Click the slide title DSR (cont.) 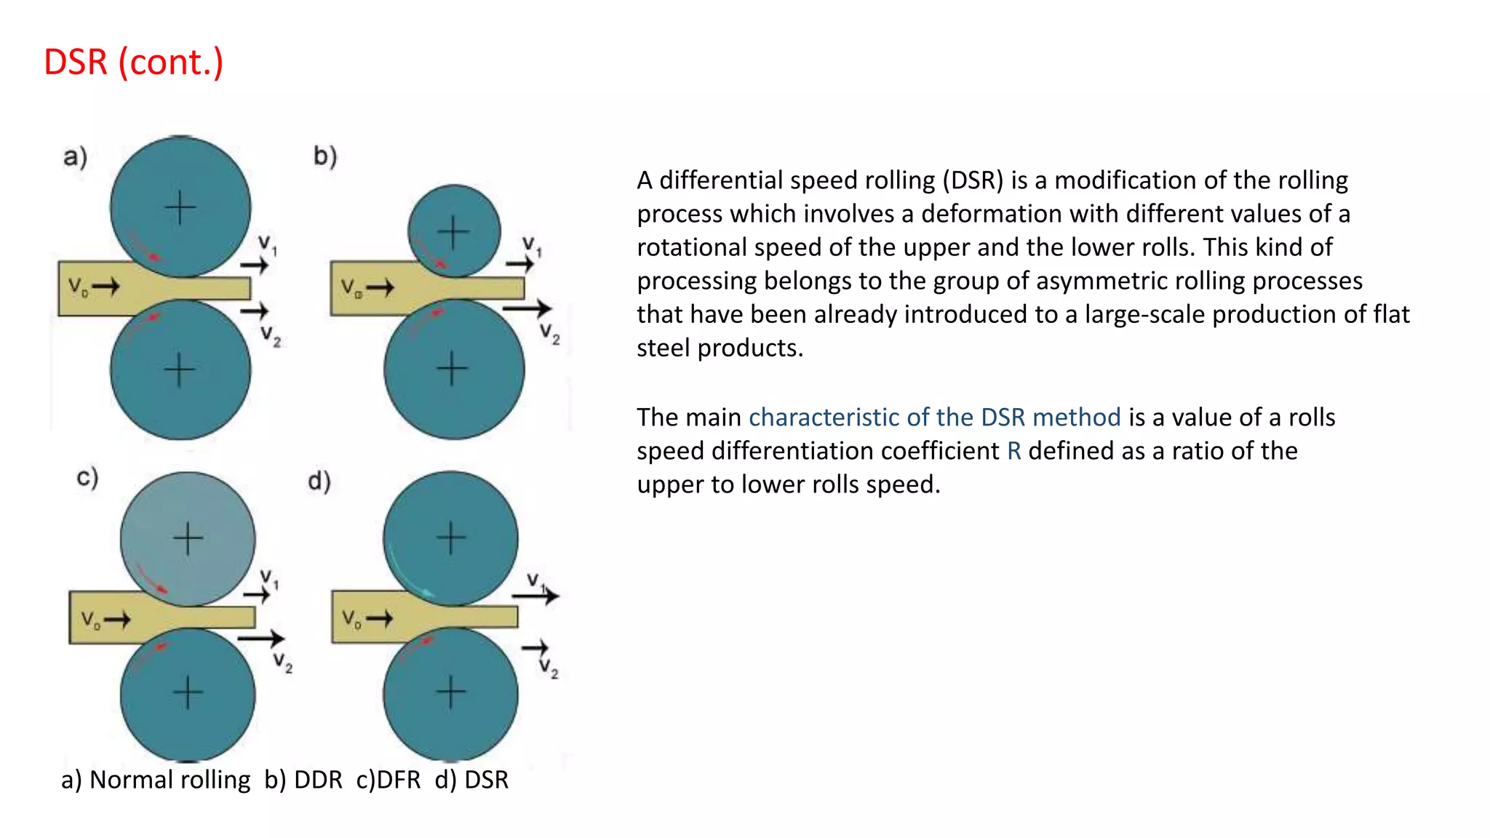point(134,63)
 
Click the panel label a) point(75,156)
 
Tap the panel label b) point(324,156)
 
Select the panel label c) point(87,478)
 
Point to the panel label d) point(319,481)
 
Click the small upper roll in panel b point(454,231)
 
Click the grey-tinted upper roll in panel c point(188,539)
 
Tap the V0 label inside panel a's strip point(78,287)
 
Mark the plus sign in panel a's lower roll point(180,370)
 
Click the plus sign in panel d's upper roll point(451,538)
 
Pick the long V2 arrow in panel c point(261,639)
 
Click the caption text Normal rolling point(170,780)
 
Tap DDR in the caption point(318,780)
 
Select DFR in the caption point(398,780)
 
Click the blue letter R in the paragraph point(1014,451)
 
